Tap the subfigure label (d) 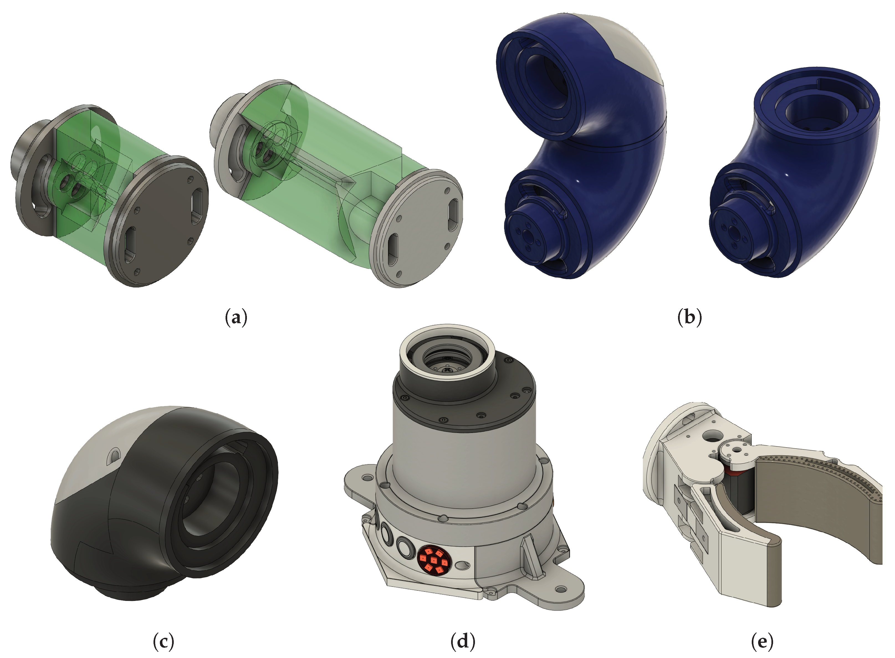pyautogui.click(x=463, y=642)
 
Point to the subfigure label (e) pyautogui.click(x=762, y=642)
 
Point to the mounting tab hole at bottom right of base pyautogui.click(x=561, y=589)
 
